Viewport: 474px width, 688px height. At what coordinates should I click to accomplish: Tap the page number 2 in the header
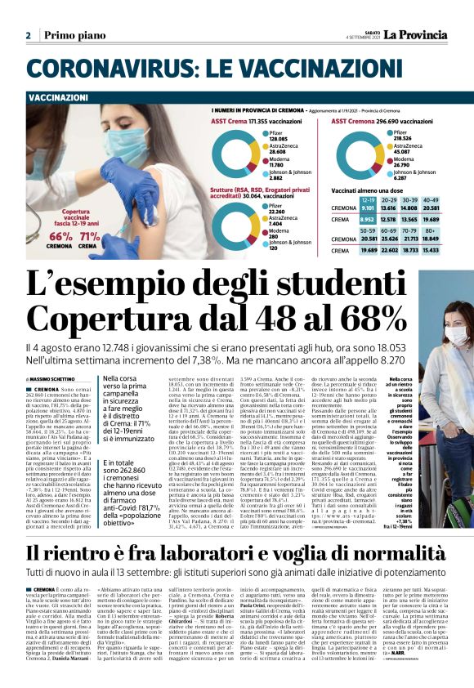tap(29, 36)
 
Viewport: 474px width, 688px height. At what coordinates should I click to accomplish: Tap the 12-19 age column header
tap(368, 199)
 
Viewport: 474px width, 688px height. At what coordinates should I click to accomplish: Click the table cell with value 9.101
tap(368, 208)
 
